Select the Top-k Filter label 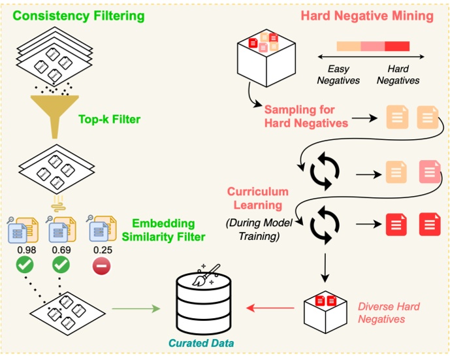click(x=109, y=119)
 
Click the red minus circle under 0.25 click(x=101, y=266)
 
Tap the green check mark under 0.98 click(x=25, y=266)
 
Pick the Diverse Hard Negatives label click(x=389, y=312)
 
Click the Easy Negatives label click(x=338, y=75)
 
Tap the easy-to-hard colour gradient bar click(x=373, y=46)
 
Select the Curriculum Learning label click(x=258, y=197)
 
